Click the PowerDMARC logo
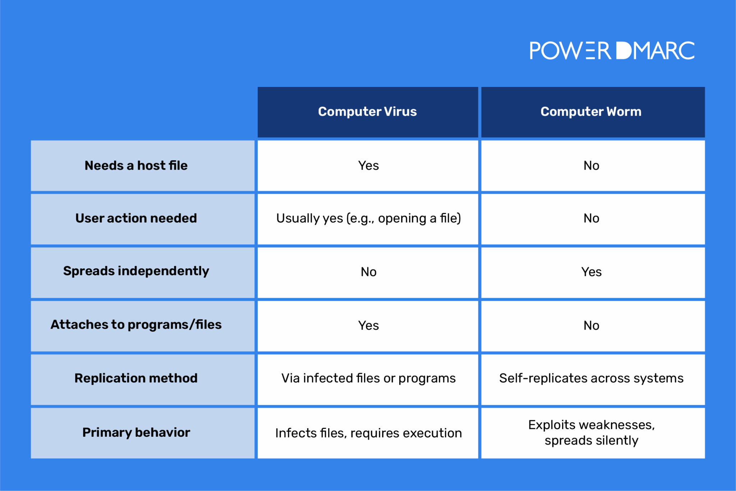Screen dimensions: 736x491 [x=612, y=50]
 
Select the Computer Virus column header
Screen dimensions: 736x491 [x=368, y=112]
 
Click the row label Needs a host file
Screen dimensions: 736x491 [x=136, y=165]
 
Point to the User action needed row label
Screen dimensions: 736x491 [x=136, y=218]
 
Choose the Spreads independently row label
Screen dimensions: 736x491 [x=136, y=271]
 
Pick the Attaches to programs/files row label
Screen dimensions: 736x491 [x=136, y=325]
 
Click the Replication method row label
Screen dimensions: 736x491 [x=136, y=378]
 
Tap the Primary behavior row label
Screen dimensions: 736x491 [x=136, y=432]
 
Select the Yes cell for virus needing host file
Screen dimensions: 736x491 [x=368, y=165]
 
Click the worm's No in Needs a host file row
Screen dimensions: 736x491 [x=592, y=165]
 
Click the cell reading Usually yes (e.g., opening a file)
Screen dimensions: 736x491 [x=368, y=218]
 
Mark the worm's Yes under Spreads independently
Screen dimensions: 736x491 [x=592, y=272]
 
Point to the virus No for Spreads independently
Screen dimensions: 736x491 [x=368, y=272]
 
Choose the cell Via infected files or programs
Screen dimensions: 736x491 [x=368, y=378]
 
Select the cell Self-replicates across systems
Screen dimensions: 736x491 [x=592, y=378]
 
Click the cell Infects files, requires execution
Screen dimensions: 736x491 [x=368, y=433]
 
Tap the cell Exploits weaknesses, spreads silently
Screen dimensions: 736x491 [x=592, y=432]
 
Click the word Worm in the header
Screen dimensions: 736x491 [x=624, y=111]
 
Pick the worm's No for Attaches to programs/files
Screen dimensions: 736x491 [x=592, y=325]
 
